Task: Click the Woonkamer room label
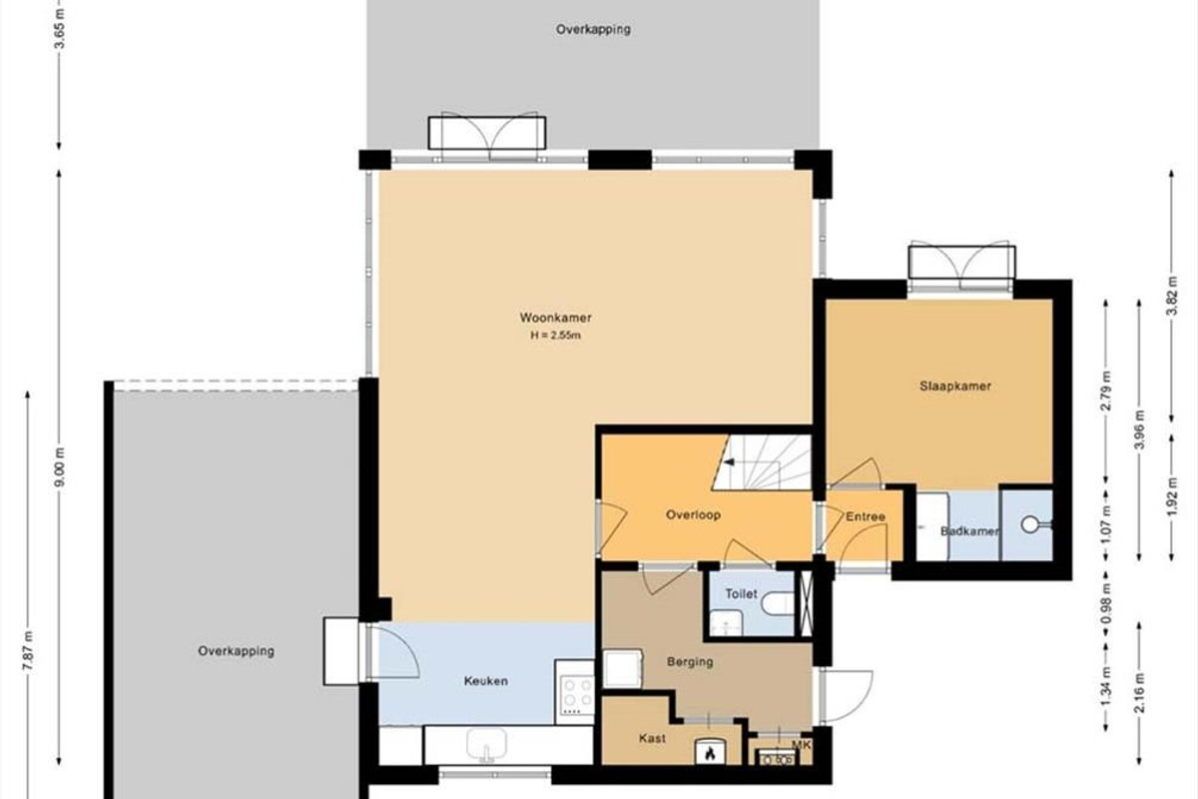coord(556,318)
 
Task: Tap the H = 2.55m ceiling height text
coord(556,336)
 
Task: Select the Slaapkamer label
coord(955,386)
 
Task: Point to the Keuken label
coord(485,681)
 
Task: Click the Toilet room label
coord(741,593)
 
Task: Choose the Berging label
coord(690,662)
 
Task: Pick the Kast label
coord(652,738)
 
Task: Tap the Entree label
coord(866,517)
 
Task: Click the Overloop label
coord(693,514)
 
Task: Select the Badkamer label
coord(969,531)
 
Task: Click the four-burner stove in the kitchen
coord(577,695)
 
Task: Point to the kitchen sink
coord(486,744)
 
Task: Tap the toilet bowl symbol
coord(778,603)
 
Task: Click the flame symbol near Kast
coord(710,755)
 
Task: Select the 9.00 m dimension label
coord(59,466)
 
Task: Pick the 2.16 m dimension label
coord(1139,692)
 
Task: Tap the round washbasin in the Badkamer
coord(1030,524)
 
